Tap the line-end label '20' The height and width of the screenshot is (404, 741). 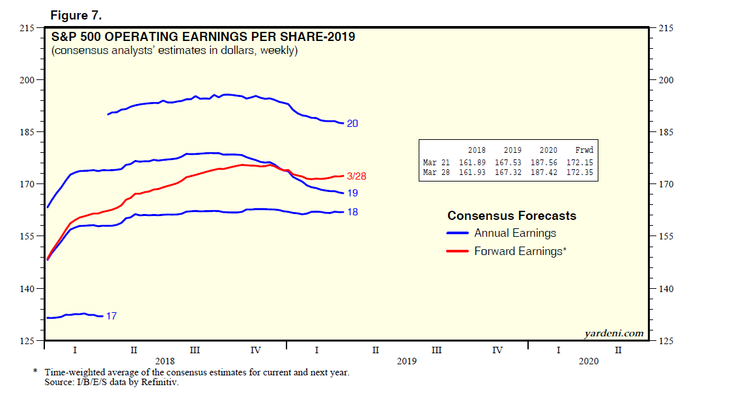click(x=352, y=124)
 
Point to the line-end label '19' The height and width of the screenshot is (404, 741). click(x=352, y=193)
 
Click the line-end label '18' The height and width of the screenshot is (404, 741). click(x=352, y=212)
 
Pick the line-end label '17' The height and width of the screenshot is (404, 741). click(x=111, y=316)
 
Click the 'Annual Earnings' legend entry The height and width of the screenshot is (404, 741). click(x=514, y=233)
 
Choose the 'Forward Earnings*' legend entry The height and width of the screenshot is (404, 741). click(x=520, y=251)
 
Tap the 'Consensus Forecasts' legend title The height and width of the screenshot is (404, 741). click(x=512, y=216)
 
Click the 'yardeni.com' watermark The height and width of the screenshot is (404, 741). click(x=613, y=334)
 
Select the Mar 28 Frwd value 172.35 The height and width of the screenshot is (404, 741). click(x=580, y=172)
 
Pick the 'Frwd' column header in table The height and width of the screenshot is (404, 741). click(x=584, y=150)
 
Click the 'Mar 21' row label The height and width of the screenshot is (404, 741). click(x=437, y=163)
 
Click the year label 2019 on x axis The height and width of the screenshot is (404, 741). click(x=406, y=360)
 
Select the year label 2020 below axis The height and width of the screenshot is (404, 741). click(x=589, y=360)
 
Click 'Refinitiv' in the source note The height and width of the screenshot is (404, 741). click(x=160, y=383)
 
